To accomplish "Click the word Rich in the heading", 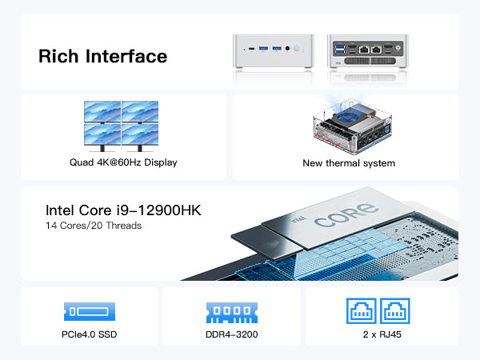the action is [x=58, y=56].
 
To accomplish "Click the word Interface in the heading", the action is [x=126, y=56].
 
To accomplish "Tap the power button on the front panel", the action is [x=296, y=48].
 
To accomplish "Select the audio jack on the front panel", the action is [x=287, y=48].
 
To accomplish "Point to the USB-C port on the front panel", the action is [x=252, y=48].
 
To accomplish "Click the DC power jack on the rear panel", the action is [x=398, y=47].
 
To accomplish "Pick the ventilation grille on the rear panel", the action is [x=370, y=61].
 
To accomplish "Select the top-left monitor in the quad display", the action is [x=102, y=112].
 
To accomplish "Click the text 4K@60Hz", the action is [x=118, y=162].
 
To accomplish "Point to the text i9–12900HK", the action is [x=159, y=210].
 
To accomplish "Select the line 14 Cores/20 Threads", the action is [x=94, y=226].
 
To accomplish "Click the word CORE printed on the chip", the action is [x=346, y=215].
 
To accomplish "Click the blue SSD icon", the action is [x=90, y=312].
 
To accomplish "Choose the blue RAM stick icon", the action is [x=232, y=313].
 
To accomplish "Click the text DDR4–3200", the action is [x=232, y=334].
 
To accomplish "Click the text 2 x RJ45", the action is [x=382, y=334].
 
